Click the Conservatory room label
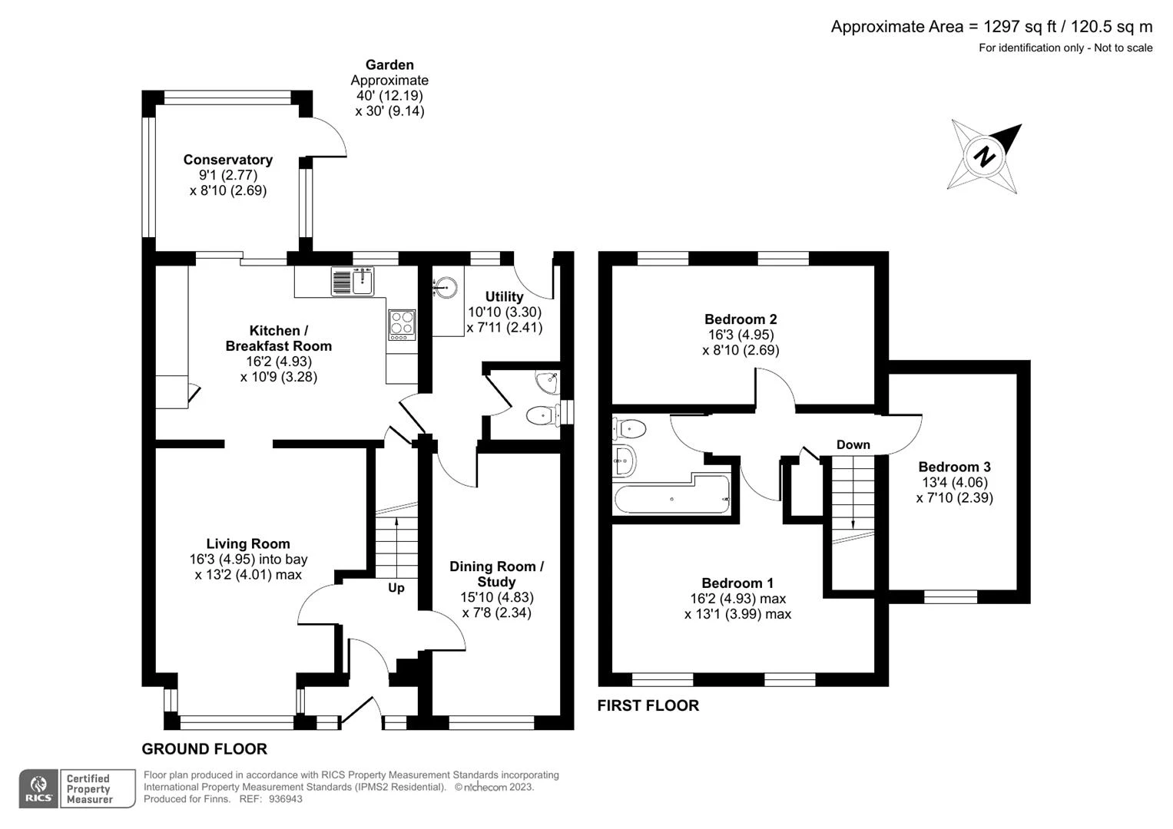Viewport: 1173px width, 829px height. point(228,160)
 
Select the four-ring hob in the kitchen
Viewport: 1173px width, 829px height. point(403,325)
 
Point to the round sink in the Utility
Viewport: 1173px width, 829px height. point(446,288)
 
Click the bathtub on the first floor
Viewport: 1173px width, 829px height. point(672,494)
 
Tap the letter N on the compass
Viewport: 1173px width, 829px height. point(985,156)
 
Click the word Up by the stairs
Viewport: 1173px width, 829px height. point(396,588)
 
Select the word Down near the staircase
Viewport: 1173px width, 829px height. point(853,445)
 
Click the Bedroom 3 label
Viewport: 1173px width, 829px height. point(954,467)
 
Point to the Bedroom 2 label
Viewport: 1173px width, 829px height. point(741,319)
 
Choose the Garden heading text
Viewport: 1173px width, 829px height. point(389,65)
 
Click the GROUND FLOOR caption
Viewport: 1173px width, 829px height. point(204,749)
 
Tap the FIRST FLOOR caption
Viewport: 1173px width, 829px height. point(648,705)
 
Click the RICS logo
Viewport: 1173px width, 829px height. point(38,789)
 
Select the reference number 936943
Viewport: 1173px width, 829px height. point(286,799)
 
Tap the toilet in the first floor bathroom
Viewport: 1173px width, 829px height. point(629,429)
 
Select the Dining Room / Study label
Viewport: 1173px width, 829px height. point(496,574)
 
